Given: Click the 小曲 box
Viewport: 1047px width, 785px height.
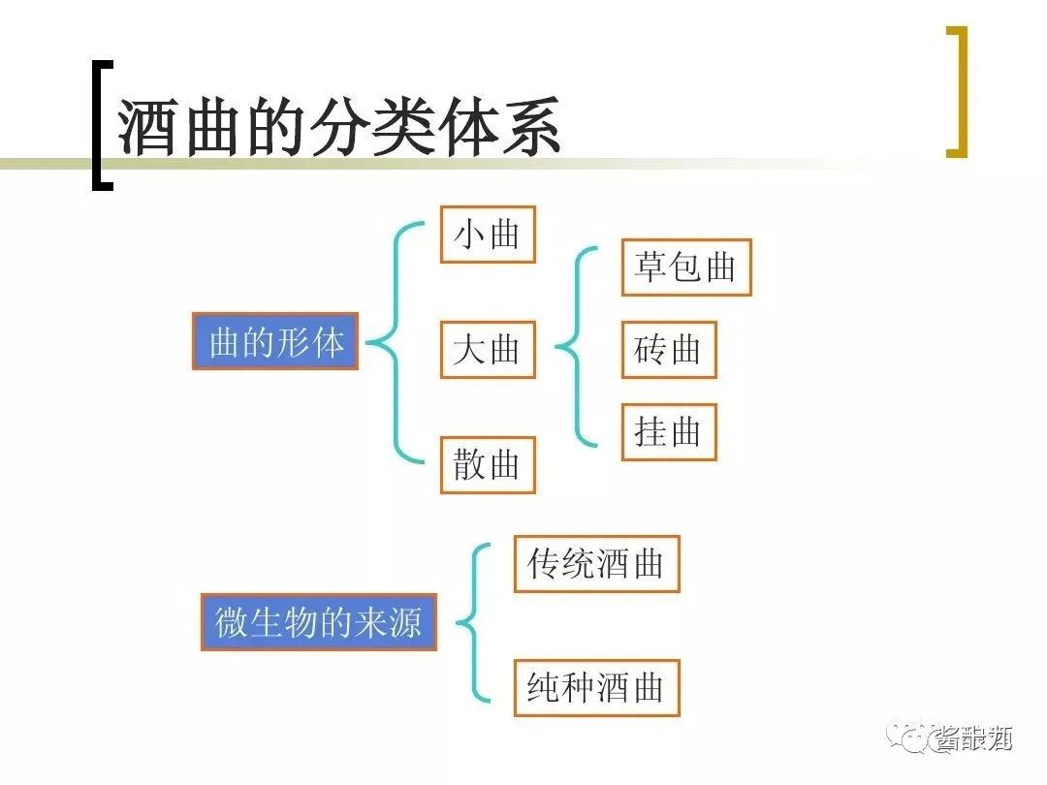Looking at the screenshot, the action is (x=488, y=234).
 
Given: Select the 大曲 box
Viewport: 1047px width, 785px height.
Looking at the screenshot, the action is (x=488, y=349).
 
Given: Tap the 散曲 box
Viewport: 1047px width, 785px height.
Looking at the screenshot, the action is (x=488, y=465).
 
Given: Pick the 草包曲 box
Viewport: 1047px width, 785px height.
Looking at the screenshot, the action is (x=685, y=267).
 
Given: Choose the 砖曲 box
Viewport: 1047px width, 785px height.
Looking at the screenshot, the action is (x=668, y=349).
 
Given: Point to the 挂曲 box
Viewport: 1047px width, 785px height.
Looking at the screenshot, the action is (x=668, y=432).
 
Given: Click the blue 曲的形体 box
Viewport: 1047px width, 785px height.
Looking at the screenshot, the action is (x=275, y=341).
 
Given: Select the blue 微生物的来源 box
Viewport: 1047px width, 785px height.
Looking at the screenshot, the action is (x=319, y=621).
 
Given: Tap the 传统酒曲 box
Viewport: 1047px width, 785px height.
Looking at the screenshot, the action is (x=596, y=563).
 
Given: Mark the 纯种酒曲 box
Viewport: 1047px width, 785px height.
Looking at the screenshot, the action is (x=596, y=688).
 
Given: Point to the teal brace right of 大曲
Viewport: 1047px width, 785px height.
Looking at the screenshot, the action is (x=579, y=347).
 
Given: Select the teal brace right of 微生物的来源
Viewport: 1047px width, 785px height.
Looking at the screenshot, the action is (x=475, y=621).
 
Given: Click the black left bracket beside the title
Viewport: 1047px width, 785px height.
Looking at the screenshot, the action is (x=100, y=125).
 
